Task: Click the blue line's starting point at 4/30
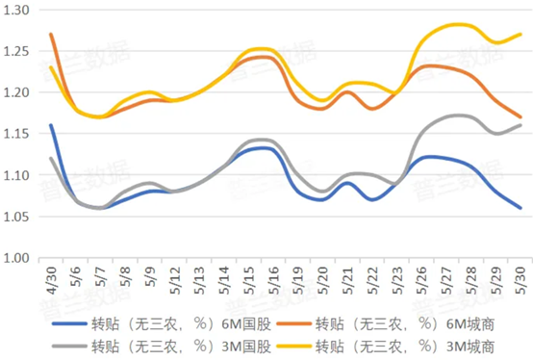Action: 51,125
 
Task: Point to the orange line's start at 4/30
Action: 51,35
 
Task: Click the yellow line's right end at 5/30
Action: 521,35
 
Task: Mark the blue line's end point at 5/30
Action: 521,208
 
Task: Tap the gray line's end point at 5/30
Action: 521,125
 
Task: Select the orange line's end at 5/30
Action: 521,116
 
